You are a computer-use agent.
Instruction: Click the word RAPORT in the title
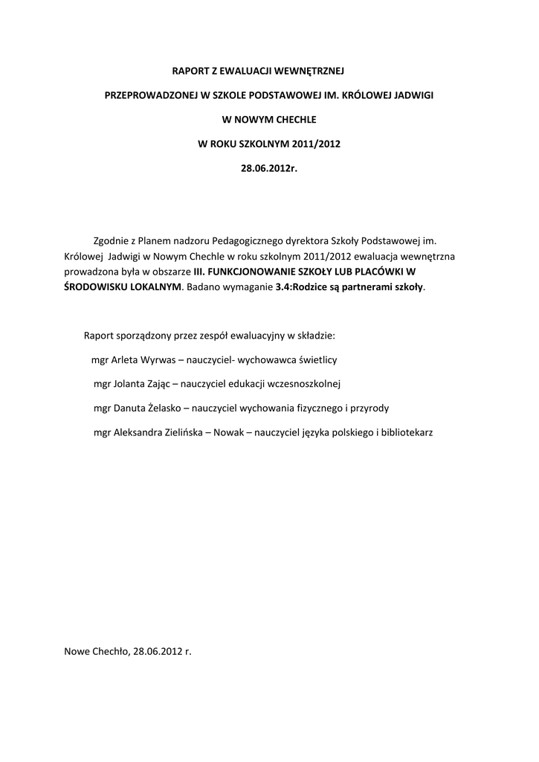coord(189,73)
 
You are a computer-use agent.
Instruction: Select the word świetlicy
coord(317,359)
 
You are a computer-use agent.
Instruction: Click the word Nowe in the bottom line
coord(78,650)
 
